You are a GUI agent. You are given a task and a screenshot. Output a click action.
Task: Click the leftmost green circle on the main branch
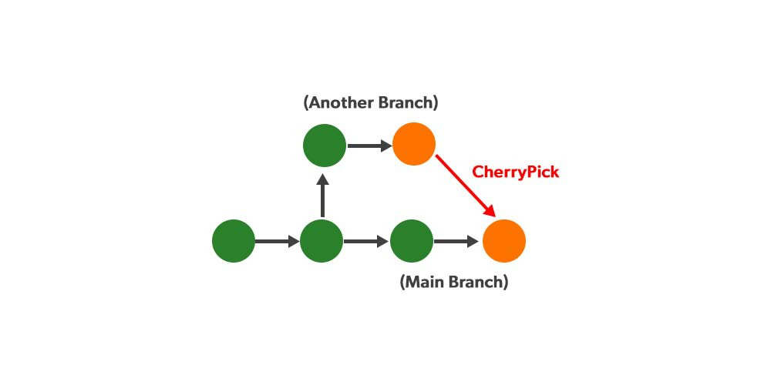point(234,241)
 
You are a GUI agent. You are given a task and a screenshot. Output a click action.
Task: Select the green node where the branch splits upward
point(322,241)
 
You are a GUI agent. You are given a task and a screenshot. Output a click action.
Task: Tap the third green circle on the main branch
point(412,241)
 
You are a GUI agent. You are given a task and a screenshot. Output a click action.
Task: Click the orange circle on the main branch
point(504,241)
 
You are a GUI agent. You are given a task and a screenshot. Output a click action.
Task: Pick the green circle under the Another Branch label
point(325,145)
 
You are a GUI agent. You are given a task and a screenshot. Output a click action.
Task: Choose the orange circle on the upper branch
point(414,144)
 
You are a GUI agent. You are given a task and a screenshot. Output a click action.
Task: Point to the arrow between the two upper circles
point(369,145)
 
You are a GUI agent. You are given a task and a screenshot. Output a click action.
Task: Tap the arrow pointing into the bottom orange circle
point(456,242)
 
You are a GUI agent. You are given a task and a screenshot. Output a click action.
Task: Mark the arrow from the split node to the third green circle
point(365,242)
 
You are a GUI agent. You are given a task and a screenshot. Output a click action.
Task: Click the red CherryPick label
point(515,172)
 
